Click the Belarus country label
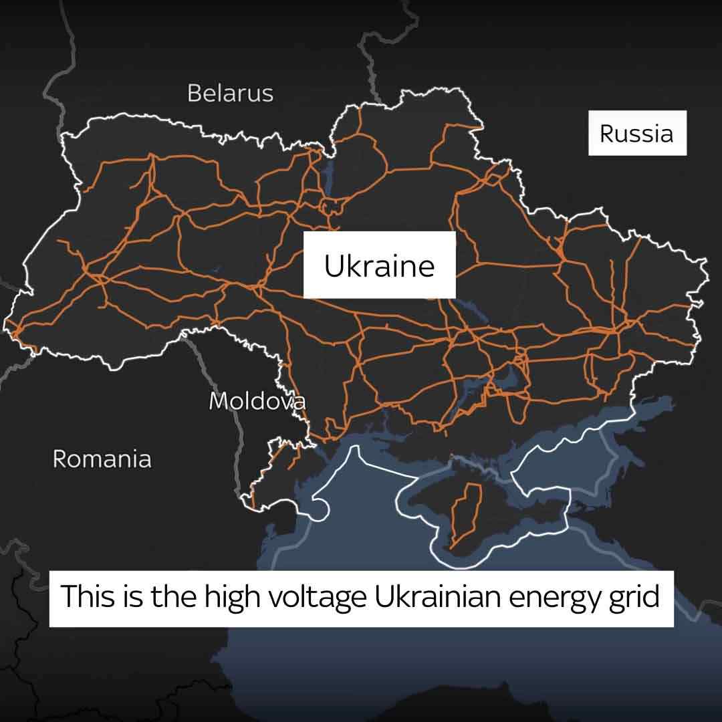[230, 93]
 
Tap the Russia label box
[636, 133]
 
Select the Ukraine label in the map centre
[379, 265]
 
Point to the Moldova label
[257, 401]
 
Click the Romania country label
[102, 459]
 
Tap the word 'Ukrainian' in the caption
[439, 596]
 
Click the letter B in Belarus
[195, 93]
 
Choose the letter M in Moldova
[219, 401]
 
